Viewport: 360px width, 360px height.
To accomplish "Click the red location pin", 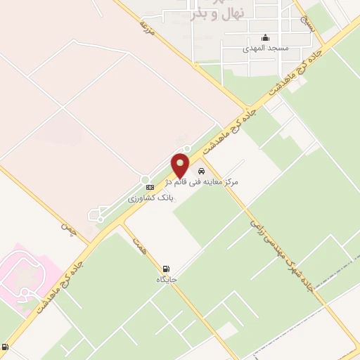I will tap(180, 165).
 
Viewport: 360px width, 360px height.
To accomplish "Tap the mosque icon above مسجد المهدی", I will tap(264, 39).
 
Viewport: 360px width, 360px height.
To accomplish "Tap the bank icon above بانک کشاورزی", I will tap(149, 188).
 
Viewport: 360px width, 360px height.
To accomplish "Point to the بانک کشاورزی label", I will tap(150, 199).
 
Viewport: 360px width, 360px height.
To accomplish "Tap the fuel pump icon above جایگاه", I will tap(166, 269).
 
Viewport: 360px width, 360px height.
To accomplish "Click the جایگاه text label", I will tap(167, 280).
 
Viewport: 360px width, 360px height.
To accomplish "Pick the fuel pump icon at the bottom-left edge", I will tap(6, 347).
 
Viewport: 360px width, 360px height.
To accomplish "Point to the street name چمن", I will tap(68, 229).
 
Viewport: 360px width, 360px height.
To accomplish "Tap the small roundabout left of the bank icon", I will tap(144, 180).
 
